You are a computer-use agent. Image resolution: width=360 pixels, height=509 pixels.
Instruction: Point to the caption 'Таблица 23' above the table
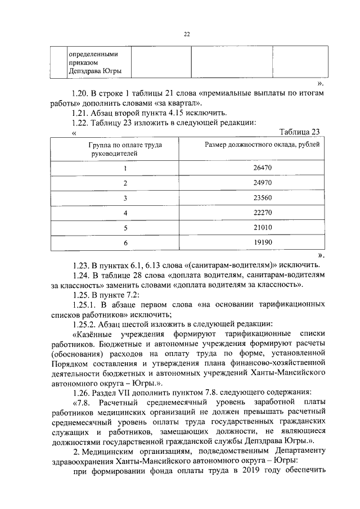[x=299, y=132]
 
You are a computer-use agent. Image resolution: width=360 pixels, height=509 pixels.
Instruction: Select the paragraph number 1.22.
[x=82, y=122]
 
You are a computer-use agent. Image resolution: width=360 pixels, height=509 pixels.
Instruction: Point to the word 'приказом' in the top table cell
[x=82, y=62]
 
